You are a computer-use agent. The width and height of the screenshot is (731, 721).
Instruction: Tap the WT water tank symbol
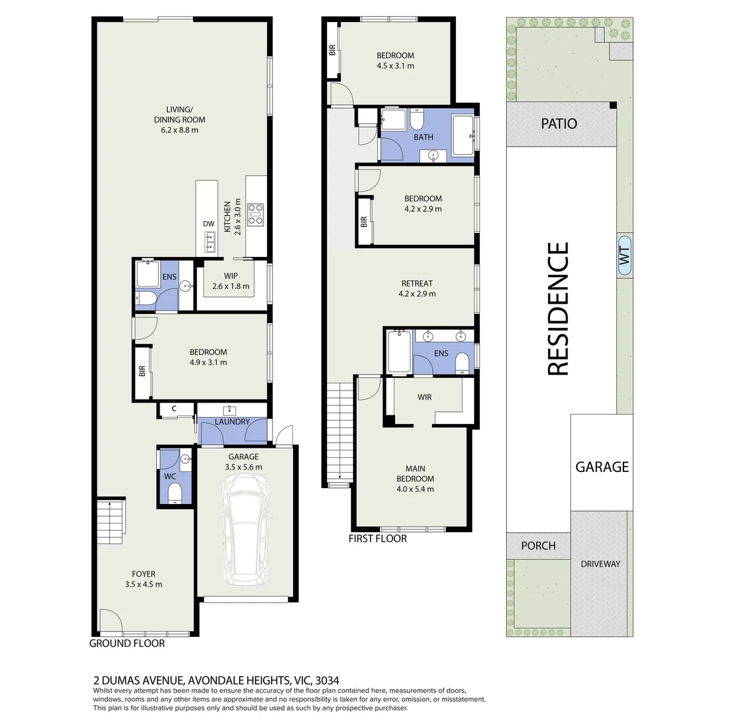pyautogui.click(x=625, y=256)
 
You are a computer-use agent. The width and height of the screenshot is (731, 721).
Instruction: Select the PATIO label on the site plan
pyautogui.click(x=559, y=124)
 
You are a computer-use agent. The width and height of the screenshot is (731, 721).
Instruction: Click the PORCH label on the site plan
pyautogui.click(x=538, y=545)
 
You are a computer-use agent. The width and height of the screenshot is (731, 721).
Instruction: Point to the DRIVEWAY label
pyautogui.click(x=600, y=563)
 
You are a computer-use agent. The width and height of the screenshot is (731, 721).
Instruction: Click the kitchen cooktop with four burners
pyautogui.click(x=255, y=214)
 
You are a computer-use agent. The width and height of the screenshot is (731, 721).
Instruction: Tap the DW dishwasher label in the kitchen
pyautogui.click(x=208, y=224)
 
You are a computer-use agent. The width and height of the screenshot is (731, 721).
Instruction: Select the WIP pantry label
pyautogui.click(x=231, y=275)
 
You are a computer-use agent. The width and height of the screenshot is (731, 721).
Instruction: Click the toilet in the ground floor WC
pyautogui.click(x=175, y=493)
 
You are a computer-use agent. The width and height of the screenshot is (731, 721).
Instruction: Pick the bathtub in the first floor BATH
pyautogui.click(x=463, y=136)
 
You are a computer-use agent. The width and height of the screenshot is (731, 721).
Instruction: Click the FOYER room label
pyautogui.click(x=144, y=573)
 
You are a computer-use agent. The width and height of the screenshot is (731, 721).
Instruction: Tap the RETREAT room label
pyautogui.click(x=417, y=283)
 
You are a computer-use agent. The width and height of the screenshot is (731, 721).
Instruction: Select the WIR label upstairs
pyautogui.click(x=425, y=397)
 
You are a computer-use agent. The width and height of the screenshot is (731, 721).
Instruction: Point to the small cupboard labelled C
pyautogui.click(x=174, y=409)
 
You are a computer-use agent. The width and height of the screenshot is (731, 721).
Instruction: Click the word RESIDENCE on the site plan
pyautogui.click(x=558, y=308)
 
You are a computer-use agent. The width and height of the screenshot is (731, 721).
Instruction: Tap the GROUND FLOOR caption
pyautogui.click(x=127, y=644)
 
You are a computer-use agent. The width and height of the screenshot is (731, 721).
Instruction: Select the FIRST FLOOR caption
pyautogui.click(x=377, y=538)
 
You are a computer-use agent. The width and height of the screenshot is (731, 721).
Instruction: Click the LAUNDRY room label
pyautogui.click(x=232, y=421)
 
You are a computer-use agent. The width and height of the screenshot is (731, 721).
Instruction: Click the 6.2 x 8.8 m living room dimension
pyautogui.click(x=180, y=130)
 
